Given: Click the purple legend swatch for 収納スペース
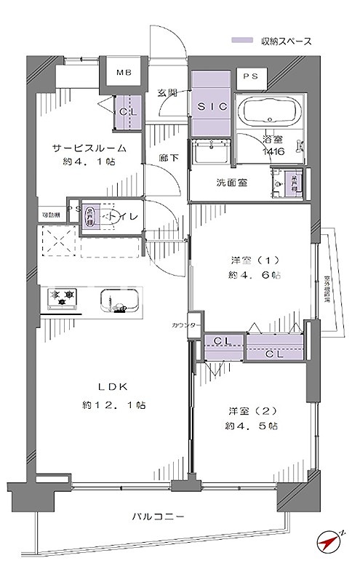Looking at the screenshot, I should pos(242,41).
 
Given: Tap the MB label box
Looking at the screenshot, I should pos(124,73).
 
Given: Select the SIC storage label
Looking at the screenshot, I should pos(209,106).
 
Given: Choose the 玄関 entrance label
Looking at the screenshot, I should pos(168,92).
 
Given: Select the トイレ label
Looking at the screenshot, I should pos(111,215).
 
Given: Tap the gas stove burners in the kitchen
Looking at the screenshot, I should pos(63,297).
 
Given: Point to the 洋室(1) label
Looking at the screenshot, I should pos(250,260).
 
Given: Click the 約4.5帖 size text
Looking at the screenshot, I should pos(250,426).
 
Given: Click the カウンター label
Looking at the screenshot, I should pos(183,325).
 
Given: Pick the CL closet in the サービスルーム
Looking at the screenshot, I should pos(127,112).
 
